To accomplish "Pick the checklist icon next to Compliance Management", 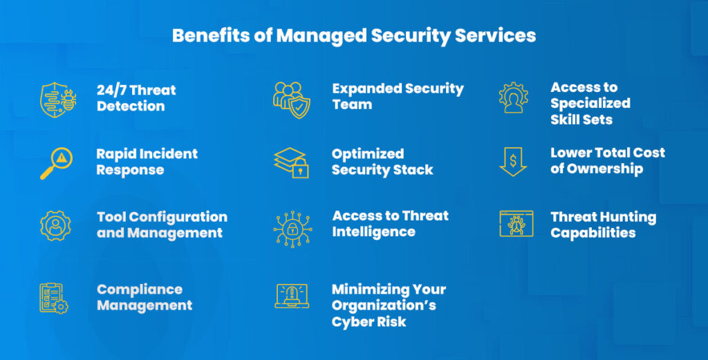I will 53,298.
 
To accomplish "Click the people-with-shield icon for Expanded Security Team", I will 291,99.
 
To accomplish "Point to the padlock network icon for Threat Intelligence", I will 291,226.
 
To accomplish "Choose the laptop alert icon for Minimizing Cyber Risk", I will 291,296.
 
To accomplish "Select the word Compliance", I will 140,290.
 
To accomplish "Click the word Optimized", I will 368,153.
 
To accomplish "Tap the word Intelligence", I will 373,232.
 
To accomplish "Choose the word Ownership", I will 605,169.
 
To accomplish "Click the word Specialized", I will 590,104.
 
